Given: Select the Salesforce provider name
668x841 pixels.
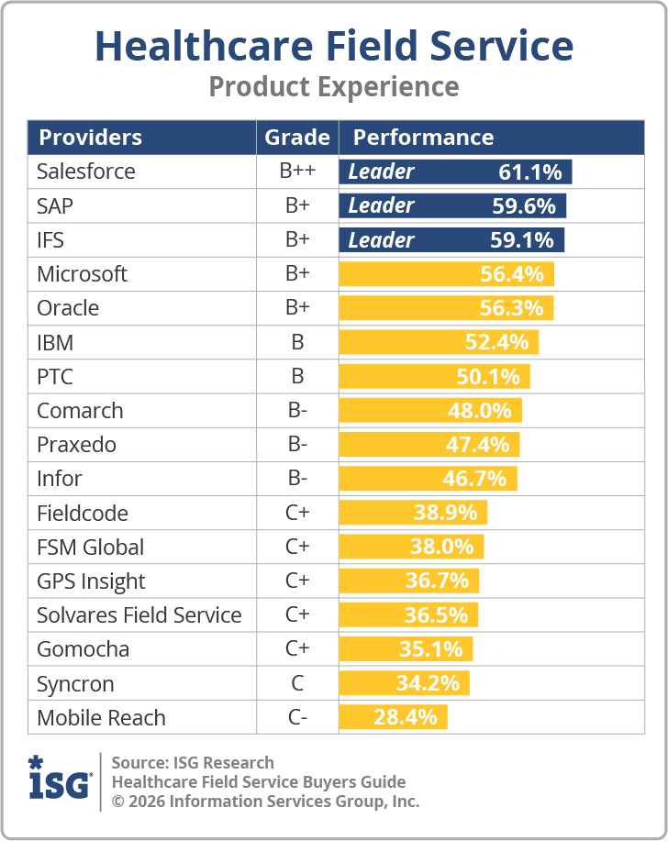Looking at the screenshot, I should tap(85, 172).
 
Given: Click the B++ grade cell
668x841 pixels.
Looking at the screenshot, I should tap(297, 172).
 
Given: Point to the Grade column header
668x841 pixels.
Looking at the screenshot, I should tap(297, 138).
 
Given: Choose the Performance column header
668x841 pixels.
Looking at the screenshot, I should tap(423, 138).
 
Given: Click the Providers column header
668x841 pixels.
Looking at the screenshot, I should tap(90, 138).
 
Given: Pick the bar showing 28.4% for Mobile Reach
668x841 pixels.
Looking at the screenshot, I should tap(393, 717).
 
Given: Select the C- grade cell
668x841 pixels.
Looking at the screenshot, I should tap(297, 717).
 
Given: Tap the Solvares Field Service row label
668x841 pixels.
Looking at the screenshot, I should tap(139, 615).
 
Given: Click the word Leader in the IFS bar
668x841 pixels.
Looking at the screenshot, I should tap(381, 240).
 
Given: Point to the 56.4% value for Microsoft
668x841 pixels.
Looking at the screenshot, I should tap(512, 274).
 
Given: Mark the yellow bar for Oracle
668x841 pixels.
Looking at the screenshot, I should tap(446, 308).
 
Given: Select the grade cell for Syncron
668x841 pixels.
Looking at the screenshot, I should tap(297, 683).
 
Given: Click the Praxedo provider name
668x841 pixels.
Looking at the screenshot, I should tap(76, 445).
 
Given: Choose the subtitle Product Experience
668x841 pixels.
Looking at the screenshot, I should tap(334, 86).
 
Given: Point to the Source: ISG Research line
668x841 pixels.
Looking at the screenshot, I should tap(193, 762).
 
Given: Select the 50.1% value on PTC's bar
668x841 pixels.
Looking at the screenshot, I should tap(488, 377).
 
